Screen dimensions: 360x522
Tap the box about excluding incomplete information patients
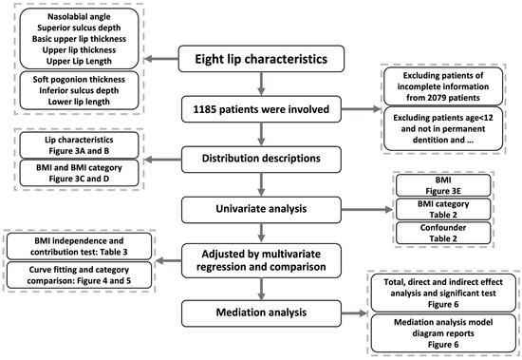[452, 88]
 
